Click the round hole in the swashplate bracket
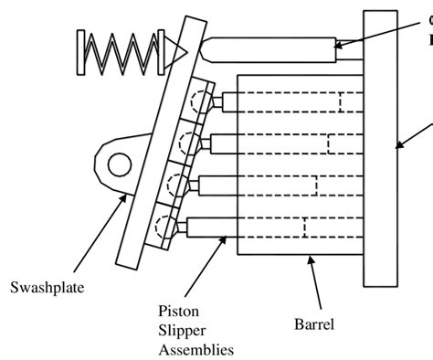[x=119, y=165]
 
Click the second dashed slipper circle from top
[x=188, y=143]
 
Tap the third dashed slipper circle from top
[x=177, y=184]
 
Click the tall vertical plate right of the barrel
[x=380, y=146]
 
